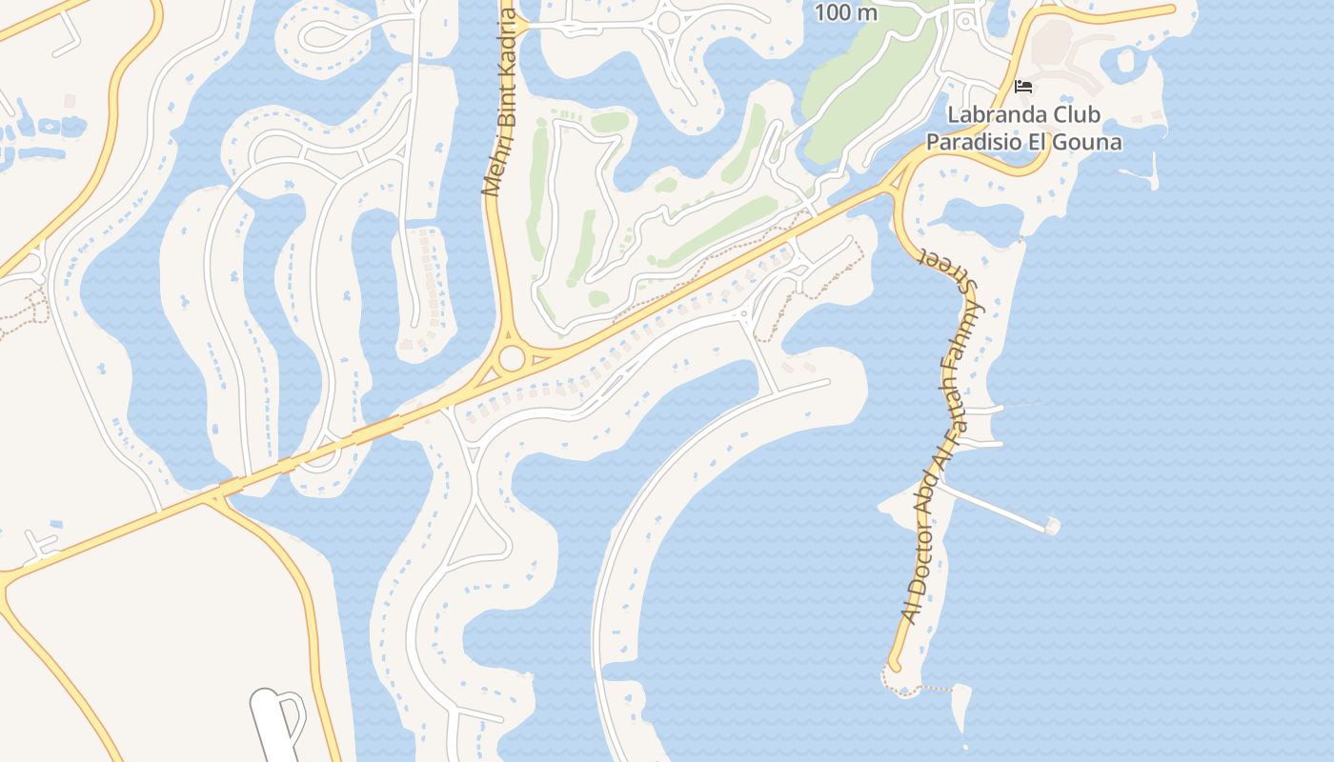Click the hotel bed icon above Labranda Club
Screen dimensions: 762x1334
[1024, 87]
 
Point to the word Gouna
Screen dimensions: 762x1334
[1092, 143]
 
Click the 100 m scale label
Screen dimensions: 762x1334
[846, 13]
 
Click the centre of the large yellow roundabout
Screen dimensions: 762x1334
[512, 359]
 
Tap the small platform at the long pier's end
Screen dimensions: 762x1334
[1051, 525]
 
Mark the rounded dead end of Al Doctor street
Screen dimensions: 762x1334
[894, 665]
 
